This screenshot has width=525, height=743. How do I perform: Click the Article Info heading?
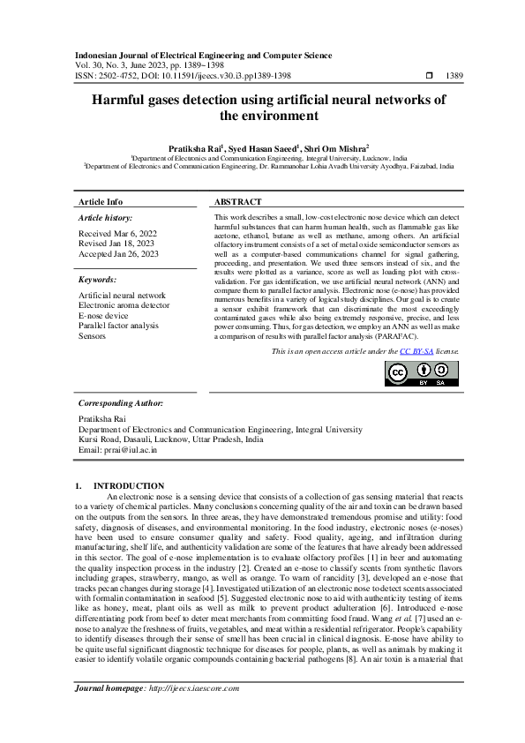(101, 202)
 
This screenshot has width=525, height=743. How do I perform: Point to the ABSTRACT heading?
(238, 202)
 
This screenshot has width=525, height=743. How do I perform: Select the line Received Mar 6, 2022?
(117, 234)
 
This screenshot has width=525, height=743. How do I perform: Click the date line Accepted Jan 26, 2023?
(119, 253)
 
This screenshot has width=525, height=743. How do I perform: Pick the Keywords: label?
(98, 279)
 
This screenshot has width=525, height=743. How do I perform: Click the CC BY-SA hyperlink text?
(413, 351)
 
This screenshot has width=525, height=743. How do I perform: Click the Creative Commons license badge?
(421, 374)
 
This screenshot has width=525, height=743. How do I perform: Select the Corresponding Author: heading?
(122, 402)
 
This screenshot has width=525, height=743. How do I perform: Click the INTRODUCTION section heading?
(129, 485)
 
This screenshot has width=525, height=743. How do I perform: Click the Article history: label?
(106, 217)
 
